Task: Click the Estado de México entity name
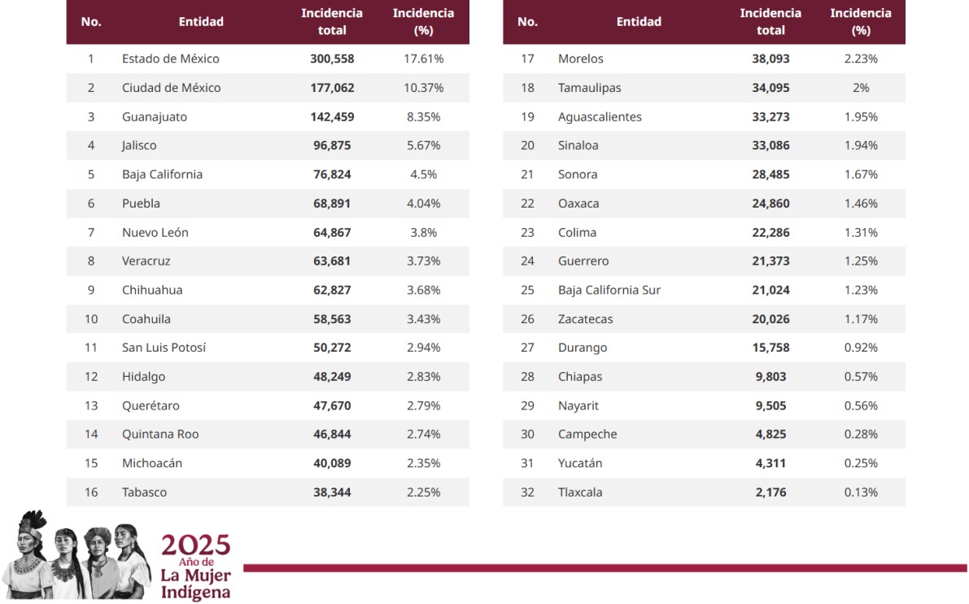170,59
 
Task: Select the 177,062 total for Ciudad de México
332,88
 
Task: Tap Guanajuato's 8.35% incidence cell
422,117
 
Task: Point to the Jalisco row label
139,146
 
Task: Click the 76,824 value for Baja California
332,174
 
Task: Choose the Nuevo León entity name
155,233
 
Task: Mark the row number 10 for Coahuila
91,319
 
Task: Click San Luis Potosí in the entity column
164,348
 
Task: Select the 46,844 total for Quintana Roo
332,435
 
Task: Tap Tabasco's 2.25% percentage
422,492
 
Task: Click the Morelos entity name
580,59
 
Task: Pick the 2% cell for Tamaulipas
861,88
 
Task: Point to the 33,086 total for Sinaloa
770,146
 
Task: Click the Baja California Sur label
609,291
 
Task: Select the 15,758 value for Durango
770,348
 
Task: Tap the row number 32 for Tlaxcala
527,492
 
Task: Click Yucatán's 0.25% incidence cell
861,463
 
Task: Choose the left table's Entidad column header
201,22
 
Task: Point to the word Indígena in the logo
195,593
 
